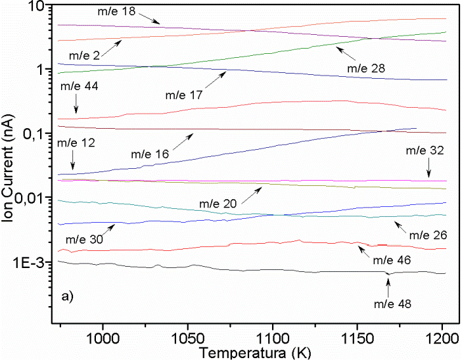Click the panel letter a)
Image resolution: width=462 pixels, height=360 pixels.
tap(68, 296)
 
